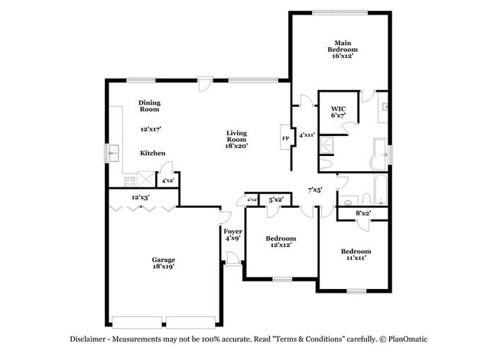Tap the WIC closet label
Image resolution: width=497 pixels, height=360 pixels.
click(x=338, y=113)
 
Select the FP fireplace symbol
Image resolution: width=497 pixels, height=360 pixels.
click(x=285, y=138)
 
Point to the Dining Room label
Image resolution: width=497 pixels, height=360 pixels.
click(x=149, y=105)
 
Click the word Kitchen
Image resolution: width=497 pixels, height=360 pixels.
click(x=152, y=154)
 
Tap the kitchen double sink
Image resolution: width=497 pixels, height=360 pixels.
click(x=114, y=154)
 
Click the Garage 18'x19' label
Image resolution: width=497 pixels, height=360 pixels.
click(x=163, y=264)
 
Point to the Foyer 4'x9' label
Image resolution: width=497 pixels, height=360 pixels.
click(x=232, y=235)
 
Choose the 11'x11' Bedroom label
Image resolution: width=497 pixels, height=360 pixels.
click(x=356, y=255)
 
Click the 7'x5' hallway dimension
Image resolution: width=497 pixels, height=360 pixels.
click(x=314, y=190)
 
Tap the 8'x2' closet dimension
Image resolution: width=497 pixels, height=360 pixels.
click(x=362, y=213)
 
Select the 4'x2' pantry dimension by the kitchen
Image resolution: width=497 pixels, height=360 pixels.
click(x=165, y=180)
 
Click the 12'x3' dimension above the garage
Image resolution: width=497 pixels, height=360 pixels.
click(x=139, y=198)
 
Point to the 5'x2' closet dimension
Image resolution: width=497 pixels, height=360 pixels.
click(x=276, y=199)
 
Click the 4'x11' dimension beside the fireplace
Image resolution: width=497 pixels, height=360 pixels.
click(x=307, y=135)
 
